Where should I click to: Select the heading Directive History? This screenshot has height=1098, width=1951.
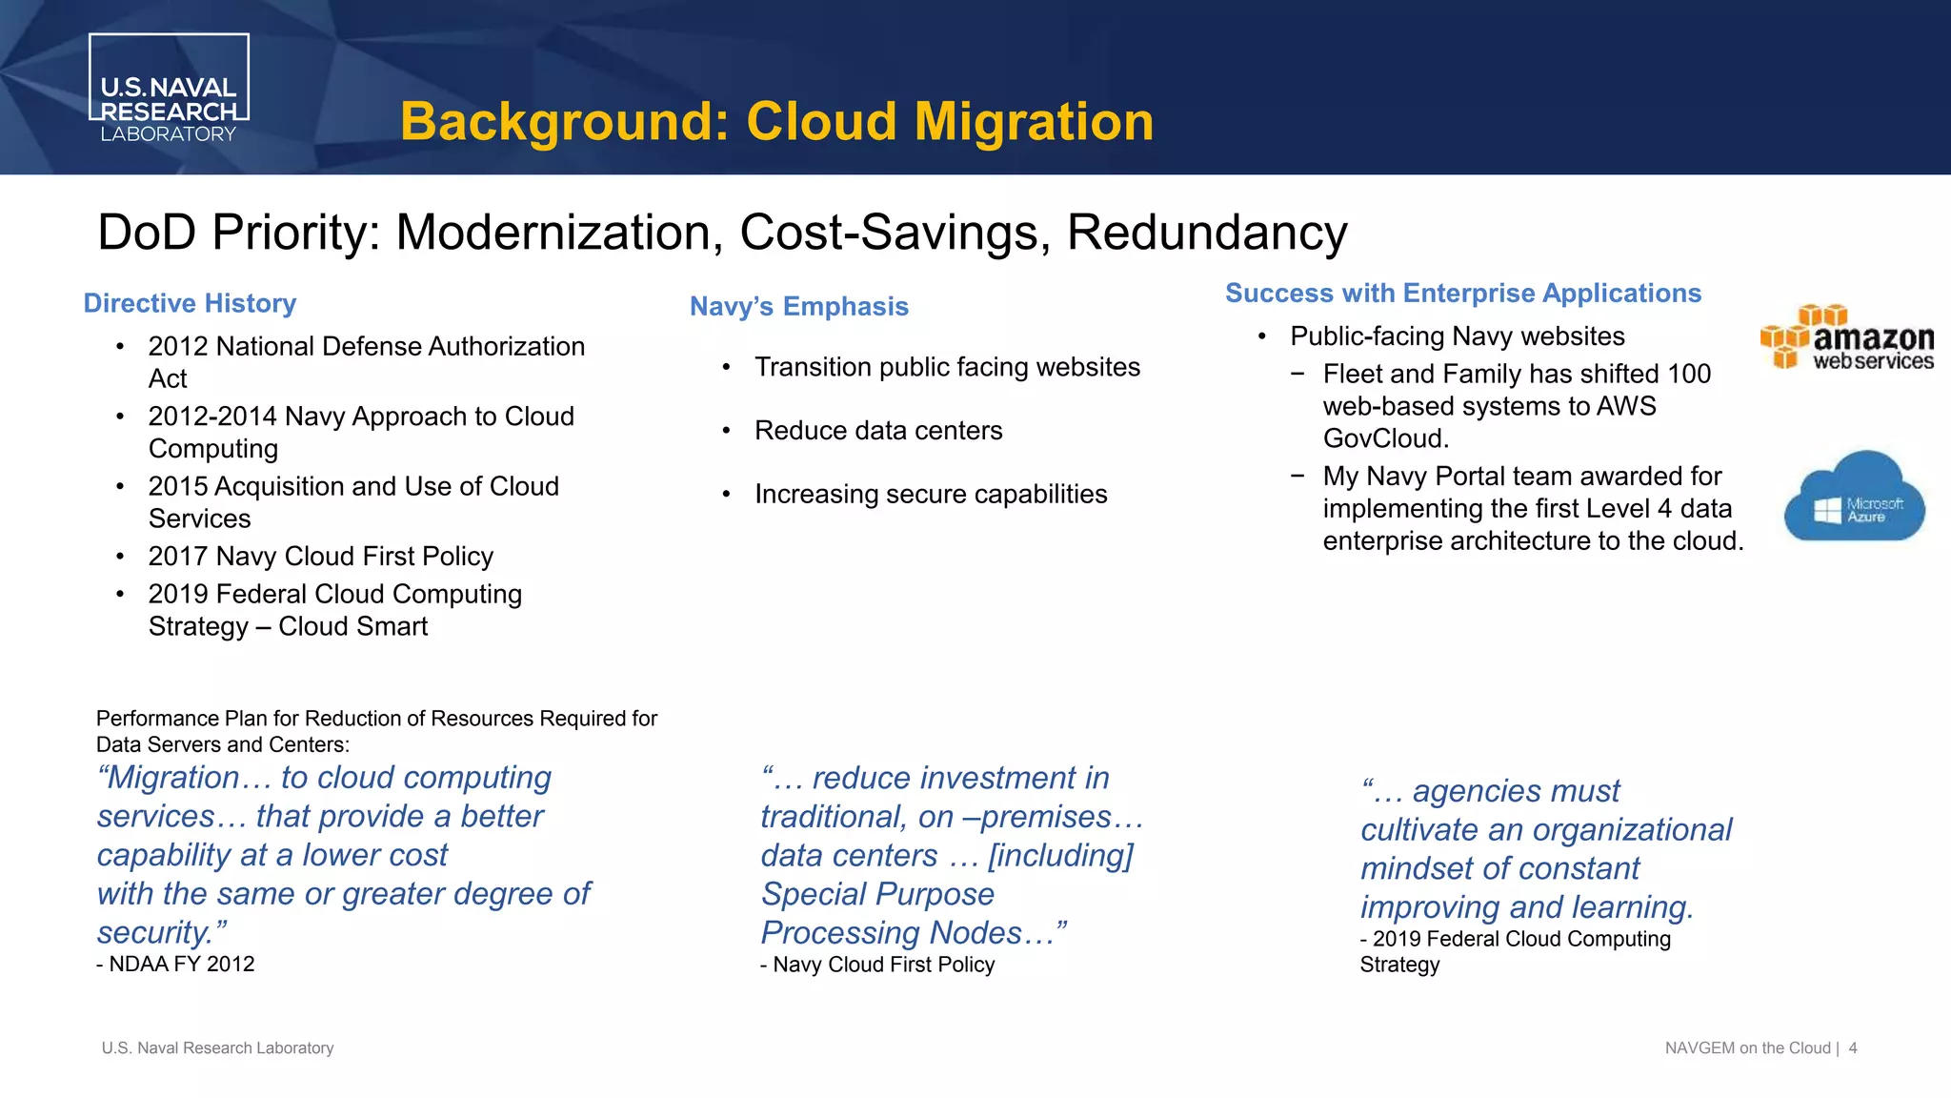tap(190, 303)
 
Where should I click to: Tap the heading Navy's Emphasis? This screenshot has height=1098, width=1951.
tap(798, 307)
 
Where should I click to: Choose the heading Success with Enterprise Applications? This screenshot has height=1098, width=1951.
tap(1462, 294)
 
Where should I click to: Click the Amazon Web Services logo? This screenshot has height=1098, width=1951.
tap(1846, 339)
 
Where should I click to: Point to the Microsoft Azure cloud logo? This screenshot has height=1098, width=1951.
tap(1854, 498)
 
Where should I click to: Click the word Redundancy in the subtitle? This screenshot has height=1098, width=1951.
tap(1206, 233)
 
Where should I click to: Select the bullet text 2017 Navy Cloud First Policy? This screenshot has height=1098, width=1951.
tap(320, 557)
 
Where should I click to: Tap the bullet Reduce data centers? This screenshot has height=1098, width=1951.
tap(877, 431)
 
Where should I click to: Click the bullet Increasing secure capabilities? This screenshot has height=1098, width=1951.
tap(930, 495)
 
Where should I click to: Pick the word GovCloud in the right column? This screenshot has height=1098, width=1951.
tap(1384, 438)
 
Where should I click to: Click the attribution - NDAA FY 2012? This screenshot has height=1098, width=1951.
tap(175, 965)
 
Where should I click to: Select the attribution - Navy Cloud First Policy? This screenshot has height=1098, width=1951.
tap(877, 965)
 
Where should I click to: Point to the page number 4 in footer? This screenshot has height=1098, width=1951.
tap(1853, 1048)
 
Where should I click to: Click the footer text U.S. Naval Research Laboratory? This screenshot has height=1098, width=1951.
tap(217, 1048)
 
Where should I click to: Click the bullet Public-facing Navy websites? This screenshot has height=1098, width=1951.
tap(1457, 336)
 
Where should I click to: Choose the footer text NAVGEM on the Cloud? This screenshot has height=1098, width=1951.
tap(1747, 1048)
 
